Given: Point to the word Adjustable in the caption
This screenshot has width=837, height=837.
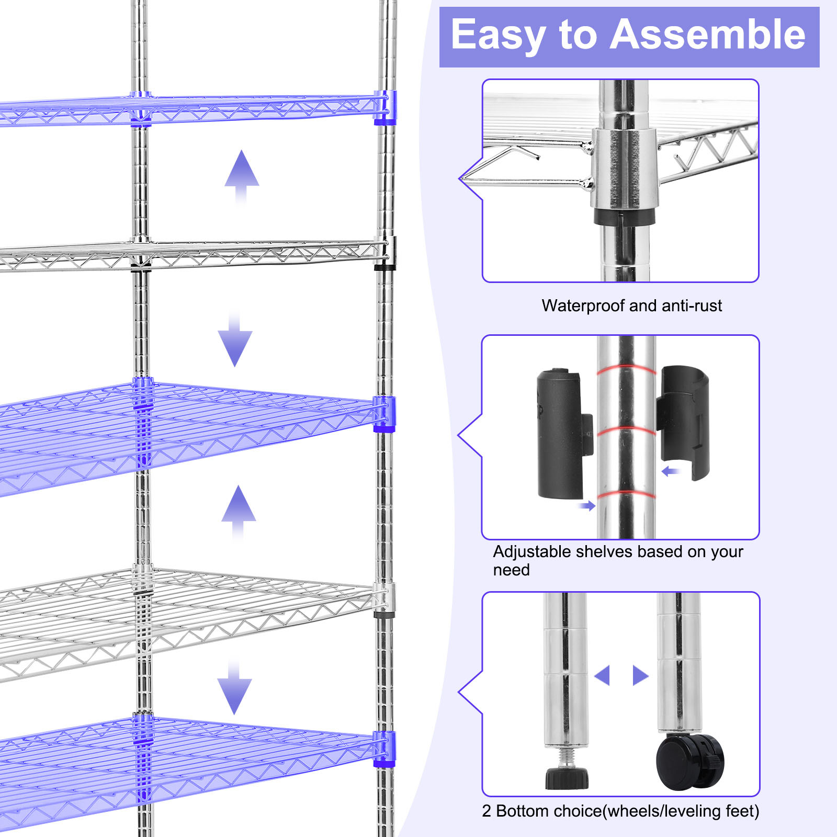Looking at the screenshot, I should [531, 552].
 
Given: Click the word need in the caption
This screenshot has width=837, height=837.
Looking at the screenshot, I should [511, 570].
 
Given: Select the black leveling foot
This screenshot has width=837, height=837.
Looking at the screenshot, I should [567, 778].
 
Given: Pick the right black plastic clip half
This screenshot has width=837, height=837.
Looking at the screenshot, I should [684, 422].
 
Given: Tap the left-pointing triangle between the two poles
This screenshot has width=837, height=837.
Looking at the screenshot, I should [603, 675].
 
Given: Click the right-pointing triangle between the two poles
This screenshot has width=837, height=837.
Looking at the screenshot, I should [640, 675].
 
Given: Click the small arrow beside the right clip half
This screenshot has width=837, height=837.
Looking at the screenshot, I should [670, 472].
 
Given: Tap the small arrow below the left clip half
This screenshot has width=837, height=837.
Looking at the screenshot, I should [587, 505].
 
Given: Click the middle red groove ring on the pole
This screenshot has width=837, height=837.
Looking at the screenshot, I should [626, 431].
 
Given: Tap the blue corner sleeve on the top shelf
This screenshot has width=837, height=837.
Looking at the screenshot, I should [384, 108].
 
